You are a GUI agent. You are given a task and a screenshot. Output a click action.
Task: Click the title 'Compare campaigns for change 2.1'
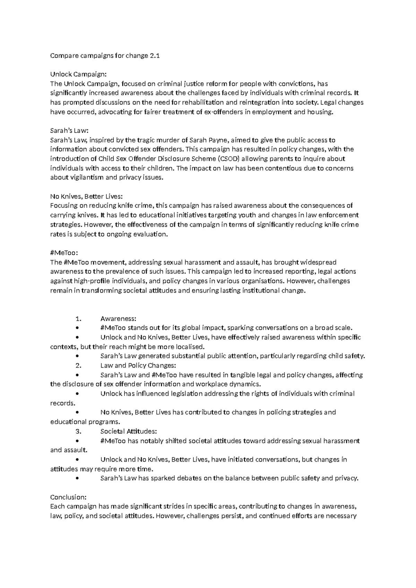coord(105,55)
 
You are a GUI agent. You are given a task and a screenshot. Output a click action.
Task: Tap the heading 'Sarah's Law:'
coord(70,131)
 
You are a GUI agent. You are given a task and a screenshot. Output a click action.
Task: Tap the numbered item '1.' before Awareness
coord(78,319)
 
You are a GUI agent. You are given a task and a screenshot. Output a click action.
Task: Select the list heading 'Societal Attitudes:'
coord(129,431)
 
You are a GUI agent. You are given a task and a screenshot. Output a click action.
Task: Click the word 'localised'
coord(190,347)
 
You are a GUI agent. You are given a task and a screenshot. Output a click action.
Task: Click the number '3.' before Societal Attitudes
coord(78,431)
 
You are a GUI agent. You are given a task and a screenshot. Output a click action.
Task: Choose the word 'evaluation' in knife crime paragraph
coord(151,234)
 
